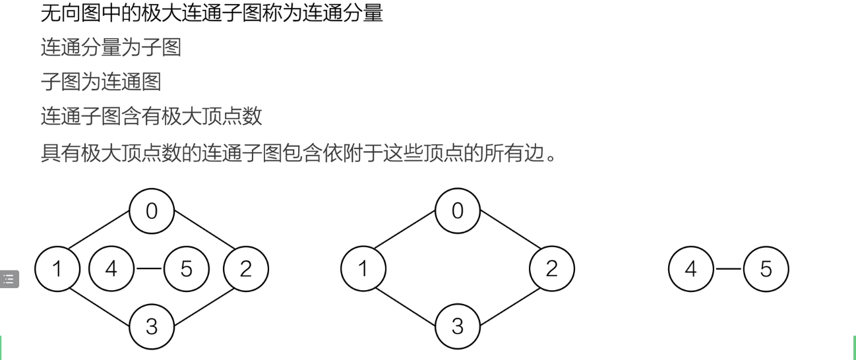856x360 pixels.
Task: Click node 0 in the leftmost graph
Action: (x=152, y=211)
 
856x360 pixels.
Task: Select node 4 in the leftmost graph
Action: (x=111, y=268)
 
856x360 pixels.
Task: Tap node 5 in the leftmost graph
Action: (x=186, y=268)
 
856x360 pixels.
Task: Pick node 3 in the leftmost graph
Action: (x=152, y=326)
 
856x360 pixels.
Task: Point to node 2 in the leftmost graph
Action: (x=246, y=268)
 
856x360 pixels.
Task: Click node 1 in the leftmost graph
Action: (x=57, y=268)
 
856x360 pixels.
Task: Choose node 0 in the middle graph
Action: (x=458, y=211)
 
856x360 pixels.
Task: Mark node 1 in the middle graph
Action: (x=363, y=268)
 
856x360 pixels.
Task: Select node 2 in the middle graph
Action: (x=552, y=268)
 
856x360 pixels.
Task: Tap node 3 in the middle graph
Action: (x=458, y=326)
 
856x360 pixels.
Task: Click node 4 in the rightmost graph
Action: (x=691, y=268)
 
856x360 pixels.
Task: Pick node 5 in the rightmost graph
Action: (x=766, y=268)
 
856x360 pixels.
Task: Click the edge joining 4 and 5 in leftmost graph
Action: (x=148, y=268)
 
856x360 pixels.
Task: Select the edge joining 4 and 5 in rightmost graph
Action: (x=728, y=268)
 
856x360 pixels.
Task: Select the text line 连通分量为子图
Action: (x=111, y=47)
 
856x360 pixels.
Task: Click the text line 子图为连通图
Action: (x=101, y=82)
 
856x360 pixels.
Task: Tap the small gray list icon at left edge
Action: (x=9, y=279)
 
